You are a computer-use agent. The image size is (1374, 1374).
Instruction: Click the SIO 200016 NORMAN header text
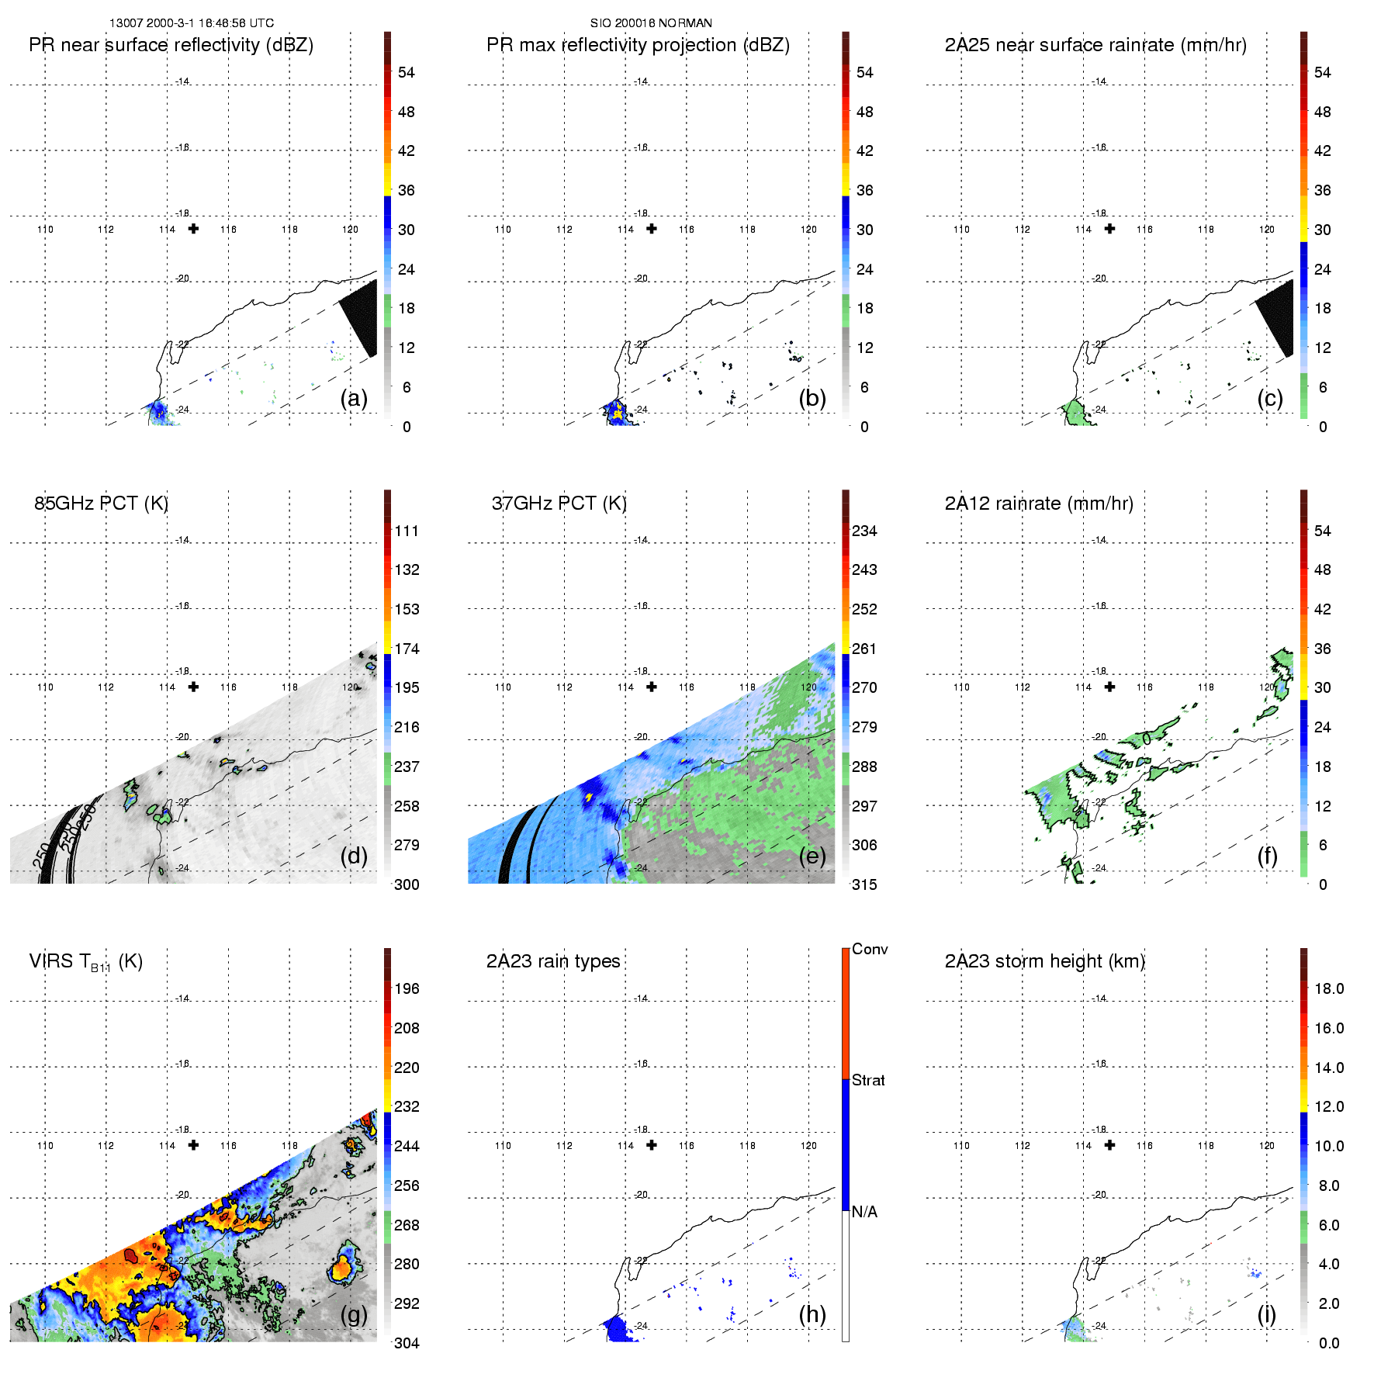[x=651, y=23]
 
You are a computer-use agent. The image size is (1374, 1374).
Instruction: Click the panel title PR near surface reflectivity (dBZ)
[x=171, y=45]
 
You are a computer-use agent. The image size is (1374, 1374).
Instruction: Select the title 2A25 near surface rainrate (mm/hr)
[x=1095, y=45]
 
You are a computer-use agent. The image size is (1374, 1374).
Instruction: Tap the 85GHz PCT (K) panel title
[x=101, y=504]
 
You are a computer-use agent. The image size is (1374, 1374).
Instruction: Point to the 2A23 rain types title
[x=553, y=961]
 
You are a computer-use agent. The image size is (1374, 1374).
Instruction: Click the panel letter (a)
[x=354, y=399]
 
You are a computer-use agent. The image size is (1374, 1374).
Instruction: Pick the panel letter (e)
[x=812, y=856]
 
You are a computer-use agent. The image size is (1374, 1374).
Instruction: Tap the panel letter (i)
[x=1266, y=1314]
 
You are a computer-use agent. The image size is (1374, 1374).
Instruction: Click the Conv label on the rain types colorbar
[x=870, y=950]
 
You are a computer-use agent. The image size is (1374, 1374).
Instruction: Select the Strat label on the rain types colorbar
[x=868, y=1081]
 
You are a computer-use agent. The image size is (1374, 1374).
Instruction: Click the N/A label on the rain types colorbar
[x=864, y=1212]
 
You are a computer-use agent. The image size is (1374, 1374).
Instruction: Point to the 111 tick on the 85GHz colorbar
[x=407, y=531]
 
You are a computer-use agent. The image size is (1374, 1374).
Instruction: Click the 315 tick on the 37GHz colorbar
[x=864, y=885]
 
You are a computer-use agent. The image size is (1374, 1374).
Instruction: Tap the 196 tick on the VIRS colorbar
[x=407, y=989]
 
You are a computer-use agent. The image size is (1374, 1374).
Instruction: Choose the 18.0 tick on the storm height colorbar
[x=1329, y=989]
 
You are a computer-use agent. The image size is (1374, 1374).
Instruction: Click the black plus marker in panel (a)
[x=193, y=229]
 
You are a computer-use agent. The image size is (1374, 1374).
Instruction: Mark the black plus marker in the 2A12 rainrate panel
[x=1109, y=687]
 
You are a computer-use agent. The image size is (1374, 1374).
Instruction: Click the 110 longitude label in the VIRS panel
[x=45, y=1146]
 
